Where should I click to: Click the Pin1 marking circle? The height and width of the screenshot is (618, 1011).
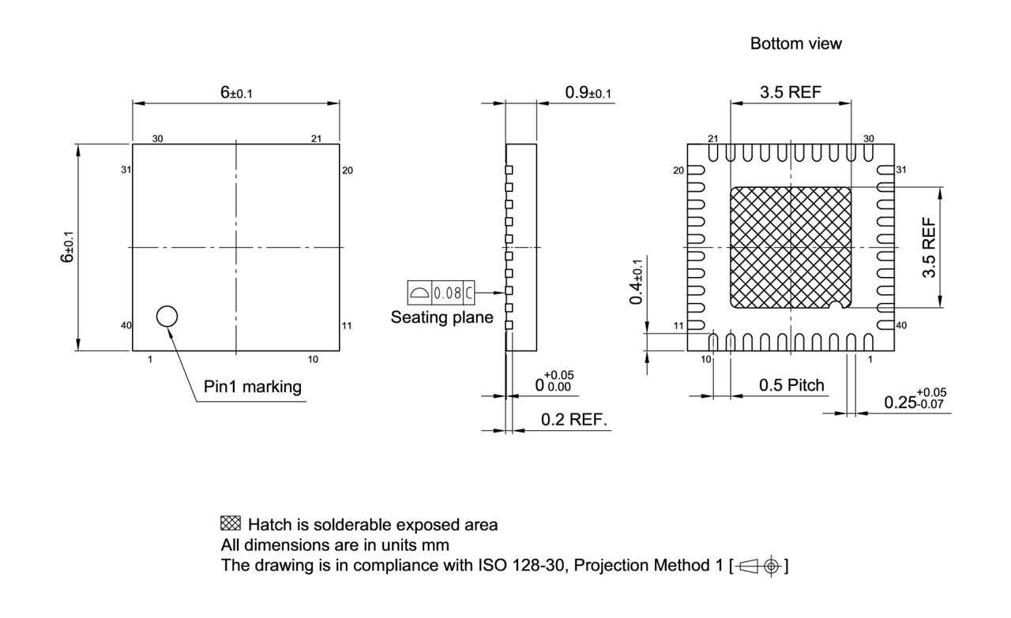point(167,316)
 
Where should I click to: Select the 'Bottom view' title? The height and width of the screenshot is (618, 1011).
point(795,44)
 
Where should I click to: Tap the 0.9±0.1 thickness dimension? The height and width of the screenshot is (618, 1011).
point(588,93)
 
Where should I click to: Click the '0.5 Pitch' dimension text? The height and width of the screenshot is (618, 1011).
point(791,385)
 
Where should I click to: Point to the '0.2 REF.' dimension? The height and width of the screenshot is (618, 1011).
point(574,420)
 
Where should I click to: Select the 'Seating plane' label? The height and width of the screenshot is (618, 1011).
point(442,318)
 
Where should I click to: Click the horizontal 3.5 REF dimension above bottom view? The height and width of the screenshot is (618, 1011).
point(790,92)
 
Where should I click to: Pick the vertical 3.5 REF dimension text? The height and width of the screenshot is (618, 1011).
point(930,247)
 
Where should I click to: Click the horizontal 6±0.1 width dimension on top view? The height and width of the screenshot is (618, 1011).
point(236,92)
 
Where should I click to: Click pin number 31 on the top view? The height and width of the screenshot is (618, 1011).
point(125,170)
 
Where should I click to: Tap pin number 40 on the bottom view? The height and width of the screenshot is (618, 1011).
point(902,325)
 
